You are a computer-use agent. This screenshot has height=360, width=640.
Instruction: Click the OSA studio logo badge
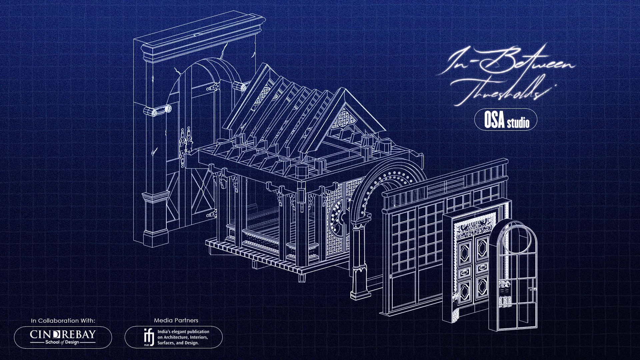506,119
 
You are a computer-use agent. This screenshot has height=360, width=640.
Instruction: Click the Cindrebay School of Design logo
63,337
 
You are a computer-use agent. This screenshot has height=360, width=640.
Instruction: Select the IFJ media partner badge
173,337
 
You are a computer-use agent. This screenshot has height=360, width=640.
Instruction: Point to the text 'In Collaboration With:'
63,321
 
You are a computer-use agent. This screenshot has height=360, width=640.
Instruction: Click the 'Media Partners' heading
176,320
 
